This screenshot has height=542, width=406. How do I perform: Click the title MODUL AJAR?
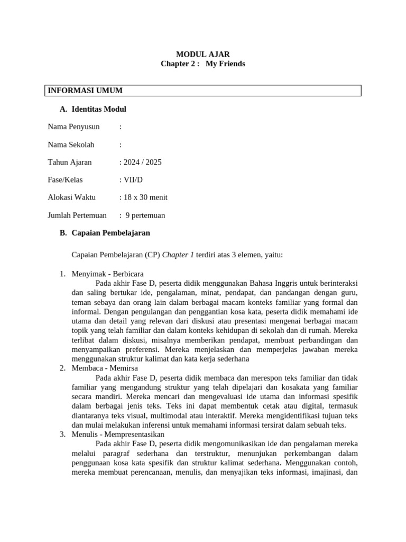[x=203, y=54]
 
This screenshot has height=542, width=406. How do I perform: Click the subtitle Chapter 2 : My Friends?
[x=203, y=64]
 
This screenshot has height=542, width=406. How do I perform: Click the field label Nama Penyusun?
[x=73, y=127]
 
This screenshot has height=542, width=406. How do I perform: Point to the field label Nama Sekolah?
[x=71, y=144]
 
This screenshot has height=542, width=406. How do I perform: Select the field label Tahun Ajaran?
[x=70, y=162]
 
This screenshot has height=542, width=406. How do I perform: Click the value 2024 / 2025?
[x=142, y=162]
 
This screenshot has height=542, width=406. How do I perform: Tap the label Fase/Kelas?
[x=65, y=179]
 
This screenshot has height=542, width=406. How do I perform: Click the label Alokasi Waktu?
[x=72, y=197]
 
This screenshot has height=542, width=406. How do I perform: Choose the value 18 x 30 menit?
[x=145, y=197]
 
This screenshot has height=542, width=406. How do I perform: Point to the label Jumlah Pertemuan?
[x=77, y=215]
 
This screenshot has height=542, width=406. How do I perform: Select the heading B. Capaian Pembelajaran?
[x=105, y=232]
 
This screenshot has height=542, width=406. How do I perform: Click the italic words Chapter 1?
[x=178, y=255]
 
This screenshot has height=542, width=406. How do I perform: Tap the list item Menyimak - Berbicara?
[x=107, y=274]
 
